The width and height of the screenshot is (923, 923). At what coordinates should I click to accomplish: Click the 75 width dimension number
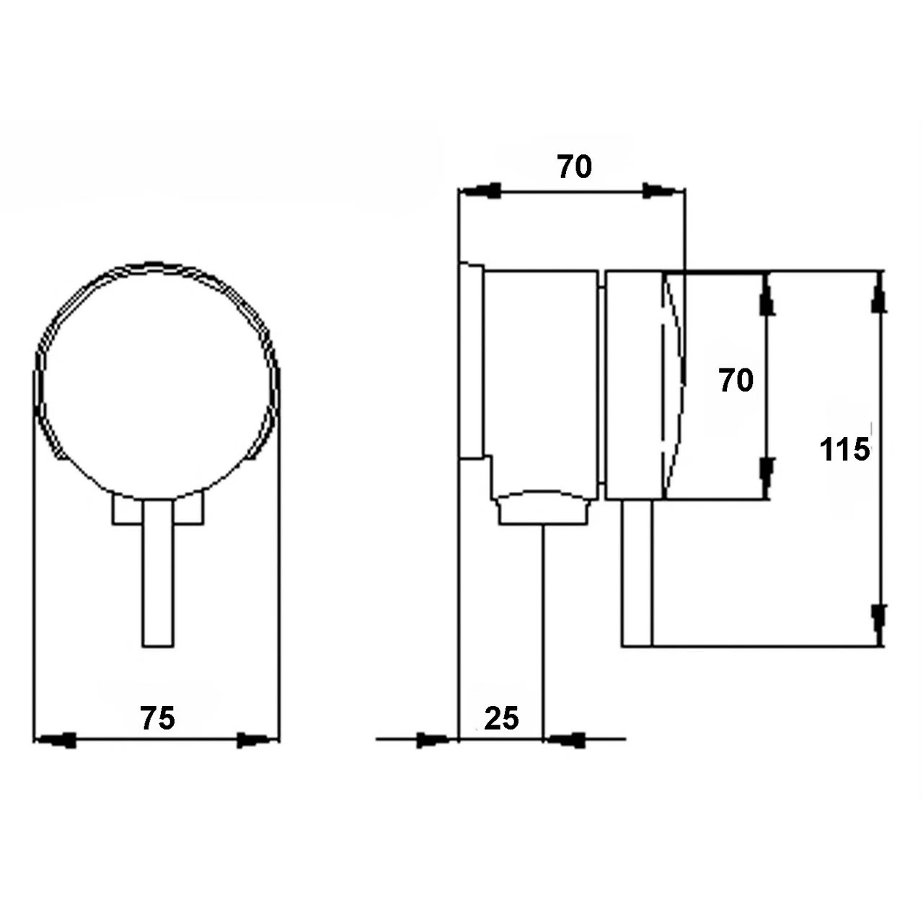(x=157, y=718)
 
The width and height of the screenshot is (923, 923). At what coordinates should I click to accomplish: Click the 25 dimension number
(x=501, y=718)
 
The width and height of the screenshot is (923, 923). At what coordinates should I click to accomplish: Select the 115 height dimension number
(x=844, y=450)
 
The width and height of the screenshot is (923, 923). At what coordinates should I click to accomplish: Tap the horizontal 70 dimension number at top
(x=574, y=167)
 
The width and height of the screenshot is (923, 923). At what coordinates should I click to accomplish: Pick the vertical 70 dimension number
(x=736, y=380)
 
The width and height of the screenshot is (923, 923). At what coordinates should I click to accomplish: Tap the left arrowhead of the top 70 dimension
(x=481, y=191)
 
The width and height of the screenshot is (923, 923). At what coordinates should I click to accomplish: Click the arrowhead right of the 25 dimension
(x=566, y=740)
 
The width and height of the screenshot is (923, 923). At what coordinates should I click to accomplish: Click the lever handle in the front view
(x=157, y=573)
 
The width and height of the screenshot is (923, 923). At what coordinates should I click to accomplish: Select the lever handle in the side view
(x=637, y=573)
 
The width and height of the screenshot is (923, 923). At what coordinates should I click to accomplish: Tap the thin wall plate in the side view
(x=471, y=361)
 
